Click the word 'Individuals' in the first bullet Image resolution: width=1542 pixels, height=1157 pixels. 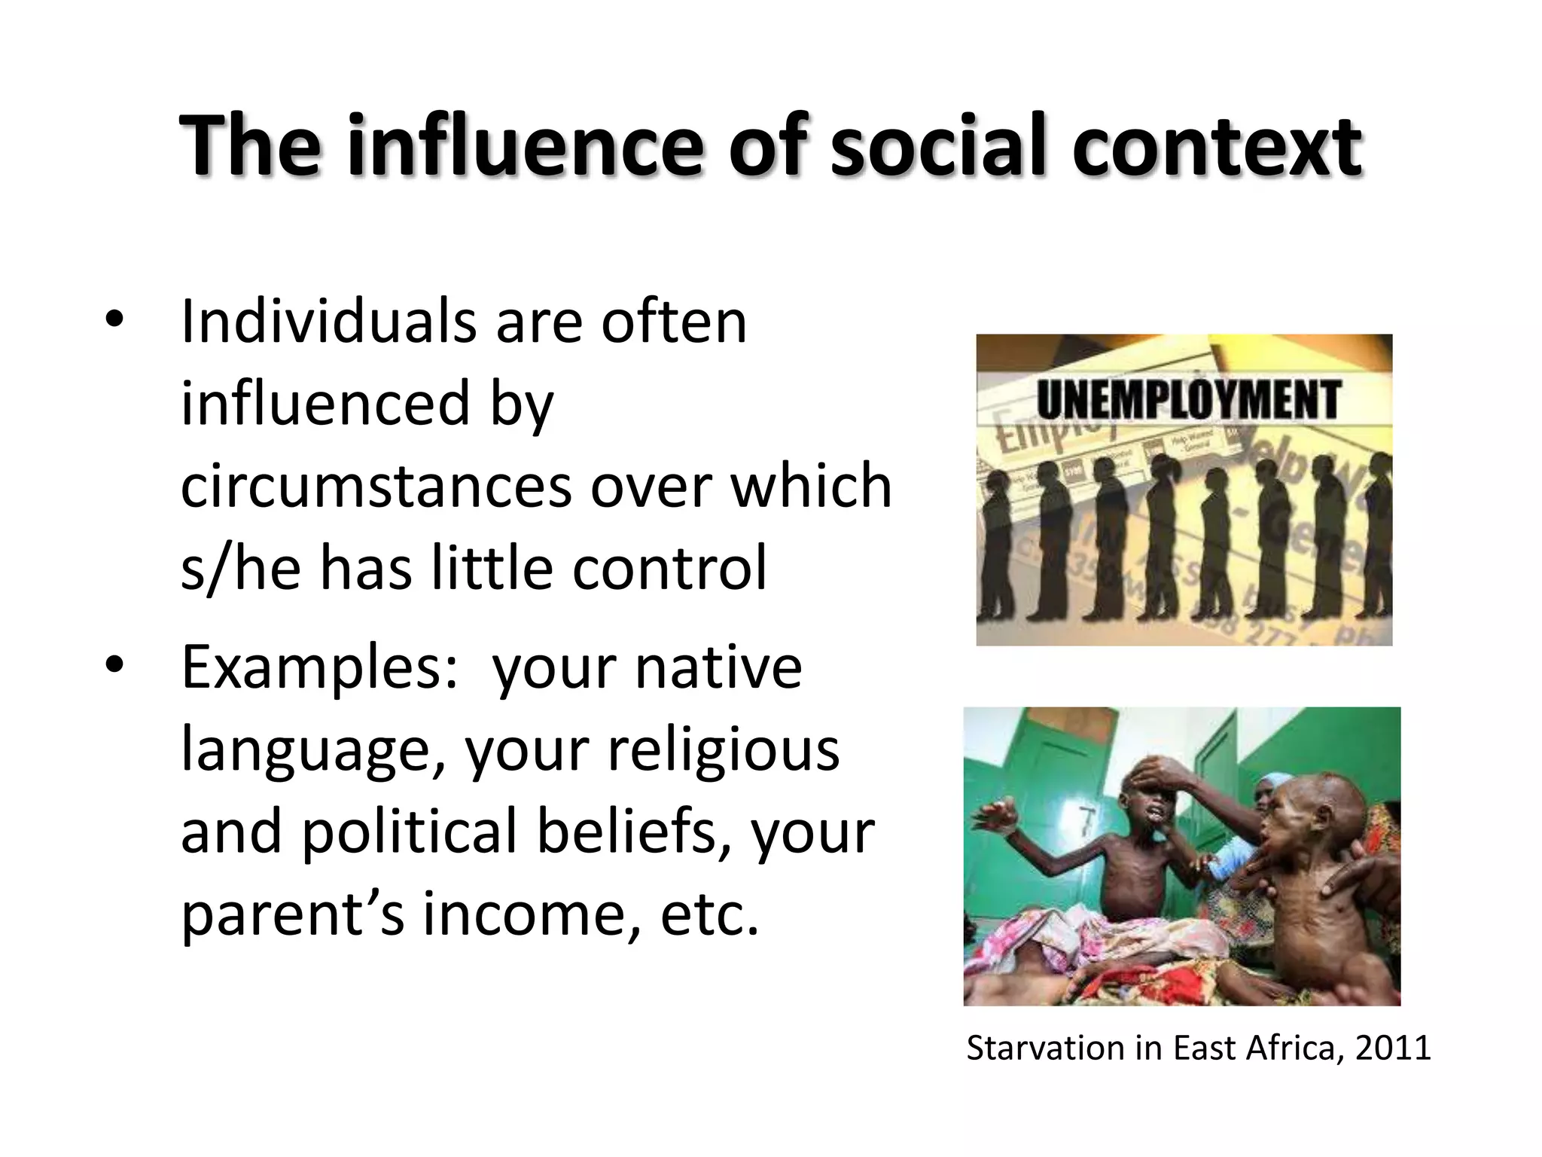pos(330,322)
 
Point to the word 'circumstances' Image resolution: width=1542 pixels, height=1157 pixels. pos(376,486)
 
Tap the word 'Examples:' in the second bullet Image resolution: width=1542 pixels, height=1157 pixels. pos(319,668)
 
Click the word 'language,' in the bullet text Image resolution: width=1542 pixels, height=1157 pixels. pos(313,750)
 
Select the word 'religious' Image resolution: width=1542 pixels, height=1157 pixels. pos(724,750)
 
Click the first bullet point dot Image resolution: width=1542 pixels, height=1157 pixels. pos(114,320)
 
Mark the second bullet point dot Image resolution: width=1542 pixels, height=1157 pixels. pos(114,665)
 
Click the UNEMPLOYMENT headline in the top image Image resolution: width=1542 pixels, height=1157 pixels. pos(1188,399)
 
